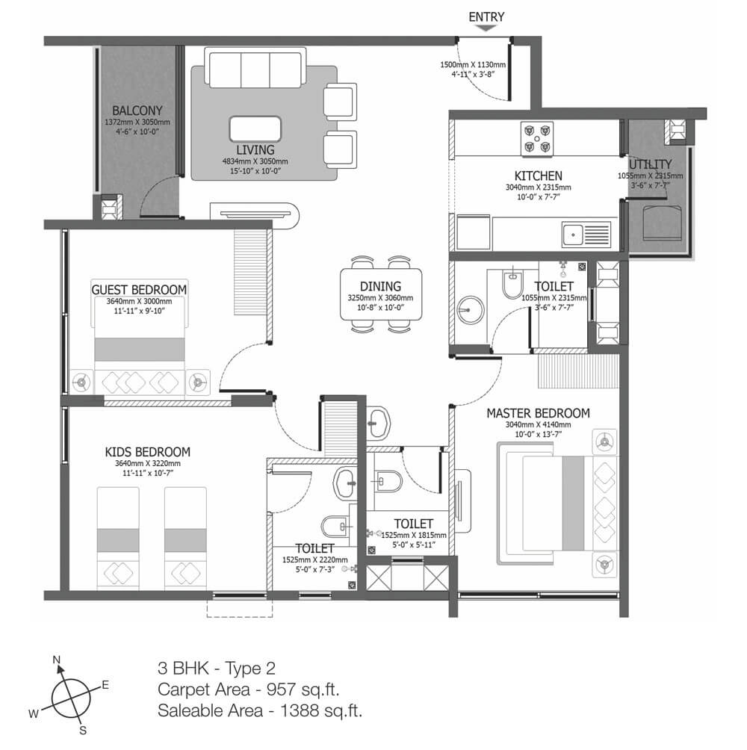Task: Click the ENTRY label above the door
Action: [486, 17]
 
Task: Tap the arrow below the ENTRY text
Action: [486, 28]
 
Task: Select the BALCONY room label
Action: [137, 111]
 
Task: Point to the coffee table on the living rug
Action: [255, 129]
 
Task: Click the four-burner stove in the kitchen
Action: [537, 139]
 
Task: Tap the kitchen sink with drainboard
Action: [586, 235]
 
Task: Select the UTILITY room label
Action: [650, 164]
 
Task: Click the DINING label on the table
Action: [381, 286]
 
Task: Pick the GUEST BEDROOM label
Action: [139, 290]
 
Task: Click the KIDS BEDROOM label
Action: [148, 452]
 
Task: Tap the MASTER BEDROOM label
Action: [538, 413]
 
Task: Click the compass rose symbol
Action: [71, 698]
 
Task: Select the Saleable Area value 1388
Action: [298, 710]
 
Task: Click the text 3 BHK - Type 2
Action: [217, 669]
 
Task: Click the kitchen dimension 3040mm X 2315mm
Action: [538, 187]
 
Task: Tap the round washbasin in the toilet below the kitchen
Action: [470, 309]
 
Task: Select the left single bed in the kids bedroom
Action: [118, 539]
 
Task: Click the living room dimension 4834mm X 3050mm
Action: [255, 161]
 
